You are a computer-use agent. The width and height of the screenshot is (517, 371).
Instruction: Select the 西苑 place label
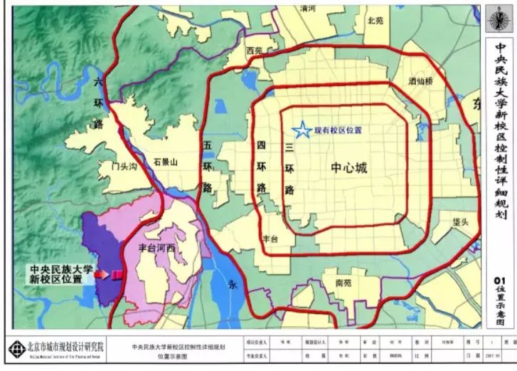pyautogui.click(x=254, y=51)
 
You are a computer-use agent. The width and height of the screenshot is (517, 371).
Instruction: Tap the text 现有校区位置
pyautogui.click(x=338, y=130)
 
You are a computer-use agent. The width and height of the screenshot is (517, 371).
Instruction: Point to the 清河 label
pyautogui.click(x=308, y=8)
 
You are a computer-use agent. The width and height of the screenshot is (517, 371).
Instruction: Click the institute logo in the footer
pyautogui.click(x=16, y=348)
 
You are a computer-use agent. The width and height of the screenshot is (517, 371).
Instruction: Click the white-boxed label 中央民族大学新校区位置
pyautogui.click(x=61, y=274)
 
